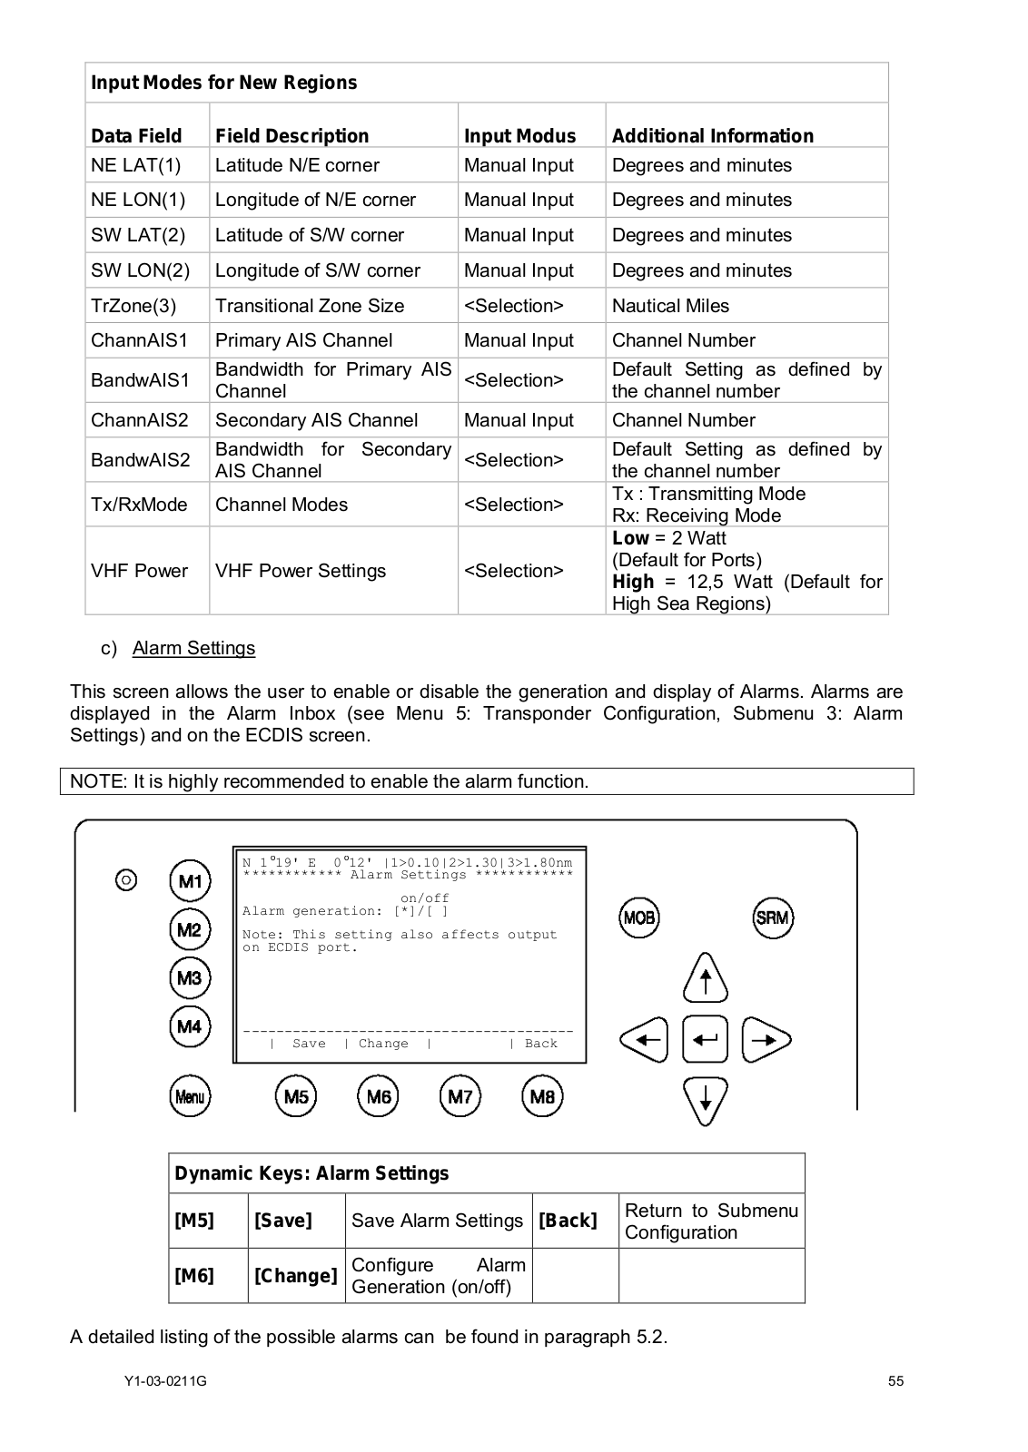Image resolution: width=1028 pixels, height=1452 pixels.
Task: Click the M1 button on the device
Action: point(190,881)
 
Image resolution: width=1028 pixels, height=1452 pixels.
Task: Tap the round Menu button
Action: point(190,1096)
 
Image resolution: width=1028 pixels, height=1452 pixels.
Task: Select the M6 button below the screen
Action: point(378,1096)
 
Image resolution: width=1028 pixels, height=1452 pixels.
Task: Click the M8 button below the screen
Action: point(542,1096)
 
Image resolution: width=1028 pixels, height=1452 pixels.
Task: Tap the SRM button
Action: point(773,917)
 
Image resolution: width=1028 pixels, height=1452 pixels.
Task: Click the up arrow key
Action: point(706,978)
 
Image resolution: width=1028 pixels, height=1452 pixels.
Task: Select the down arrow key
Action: point(706,1100)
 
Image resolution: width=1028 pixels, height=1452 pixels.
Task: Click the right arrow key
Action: point(766,1039)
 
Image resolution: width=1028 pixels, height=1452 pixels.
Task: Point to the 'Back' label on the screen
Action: point(541,1044)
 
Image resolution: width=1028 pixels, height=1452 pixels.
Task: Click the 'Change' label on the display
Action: point(383,1044)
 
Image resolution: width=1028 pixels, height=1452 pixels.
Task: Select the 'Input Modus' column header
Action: point(519,136)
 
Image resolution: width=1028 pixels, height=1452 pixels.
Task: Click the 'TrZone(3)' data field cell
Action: point(133,306)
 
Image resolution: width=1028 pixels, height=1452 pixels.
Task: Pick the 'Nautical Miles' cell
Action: point(670,306)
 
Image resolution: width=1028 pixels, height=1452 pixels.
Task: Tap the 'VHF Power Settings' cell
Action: point(301,571)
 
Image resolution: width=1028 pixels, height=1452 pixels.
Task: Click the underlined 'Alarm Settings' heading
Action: point(193,648)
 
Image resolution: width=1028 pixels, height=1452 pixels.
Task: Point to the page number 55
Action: point(895,1381)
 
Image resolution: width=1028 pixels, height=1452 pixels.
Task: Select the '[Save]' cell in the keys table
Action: point(283,1221)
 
